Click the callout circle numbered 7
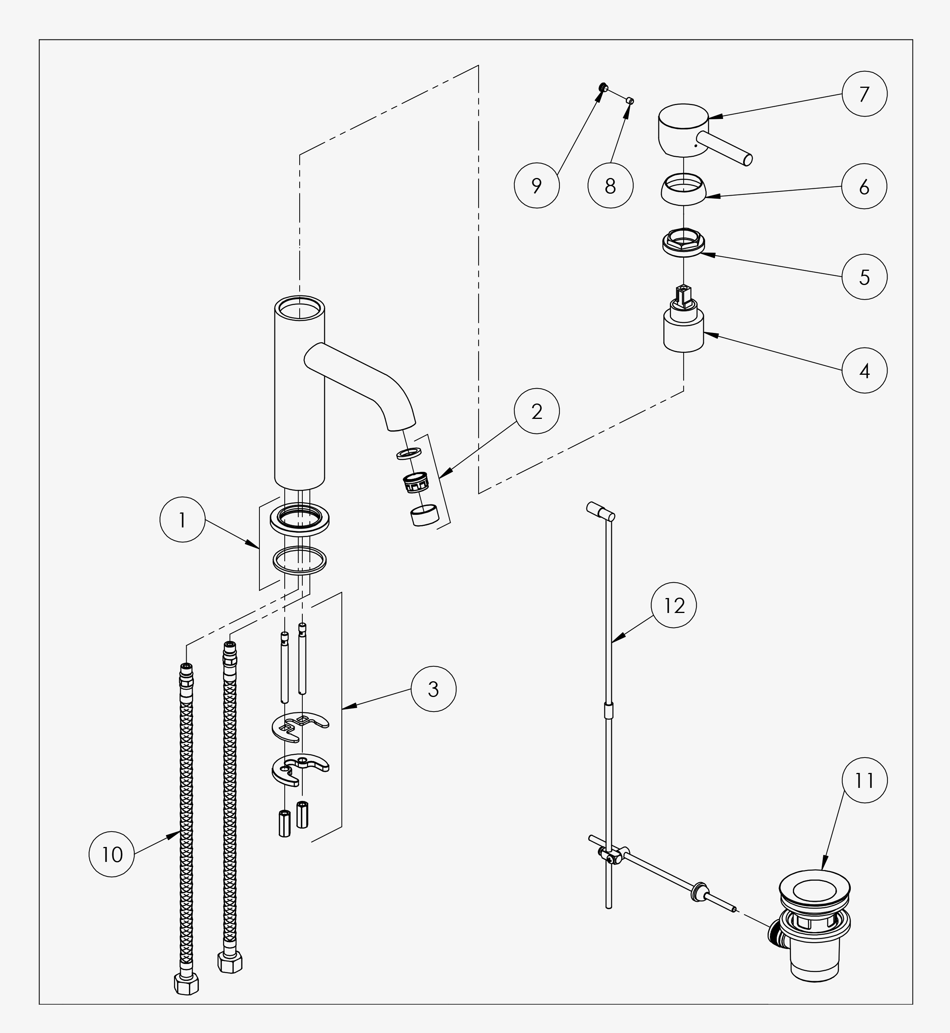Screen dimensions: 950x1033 pyautogui.click(x=864, y=94)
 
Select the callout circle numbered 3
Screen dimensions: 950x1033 pyautogui.click(x=433, y=689)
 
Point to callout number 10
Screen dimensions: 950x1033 pyautogui.click(x=112, y=855)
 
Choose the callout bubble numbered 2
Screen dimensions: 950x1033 pyautogui.click(x=537, y=411)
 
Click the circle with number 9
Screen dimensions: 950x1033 pyautogui.click(x=537, y=185)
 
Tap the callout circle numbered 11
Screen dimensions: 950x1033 pyautogui.click(x=864, y=781)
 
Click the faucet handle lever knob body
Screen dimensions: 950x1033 pyautogui.click(x=684, y=131)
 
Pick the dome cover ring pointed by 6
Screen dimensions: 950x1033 pyautogui.click(x=683, y=190)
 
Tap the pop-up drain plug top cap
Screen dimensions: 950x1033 pyautogui.click(x=815, y=888)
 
